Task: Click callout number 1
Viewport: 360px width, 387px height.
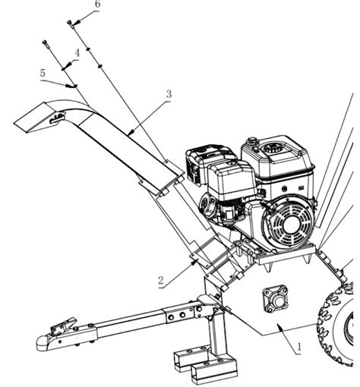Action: (x=299, y=347)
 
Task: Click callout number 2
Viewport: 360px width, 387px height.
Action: (x=161, y=281)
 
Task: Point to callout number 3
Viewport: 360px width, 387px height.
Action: (x=169, y=94)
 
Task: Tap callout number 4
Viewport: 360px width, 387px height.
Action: (x=77, y=53)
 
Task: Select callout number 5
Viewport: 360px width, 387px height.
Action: (x=43, y=73)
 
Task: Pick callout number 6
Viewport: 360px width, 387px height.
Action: (x=97, y=5)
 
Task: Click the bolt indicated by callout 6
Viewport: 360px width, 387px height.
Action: (x=71, y=24)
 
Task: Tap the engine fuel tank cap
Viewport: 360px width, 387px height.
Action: (x=252, y=140)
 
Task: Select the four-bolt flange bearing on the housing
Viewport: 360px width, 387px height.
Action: (x=275, y=299)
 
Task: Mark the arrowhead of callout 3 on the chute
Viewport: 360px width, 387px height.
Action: (x=131, y=132)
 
